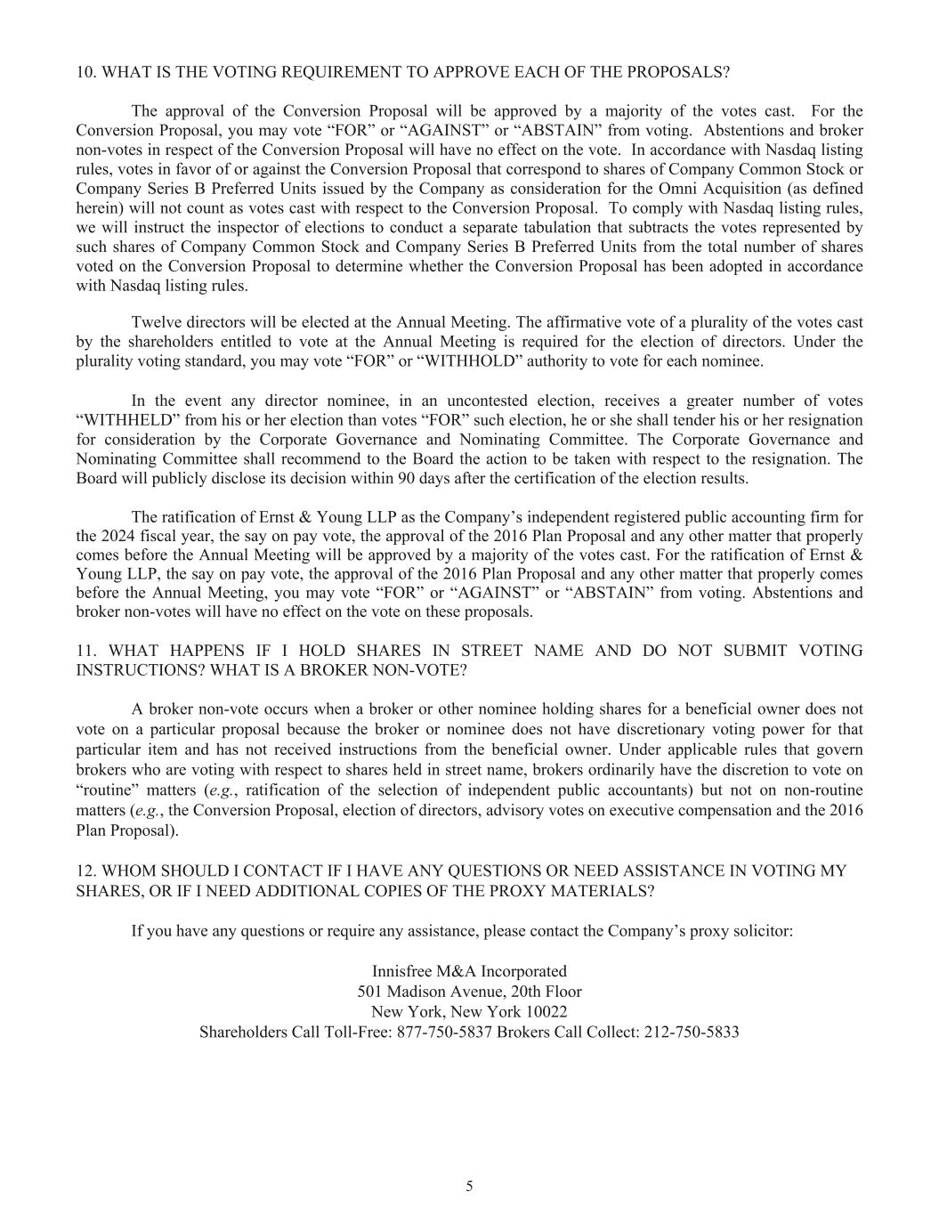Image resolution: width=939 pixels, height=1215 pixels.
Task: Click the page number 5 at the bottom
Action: pyautogui.click(x=469, y=1186)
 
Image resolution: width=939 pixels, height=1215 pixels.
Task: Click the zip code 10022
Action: pyautogui.click(x=546, y=1012)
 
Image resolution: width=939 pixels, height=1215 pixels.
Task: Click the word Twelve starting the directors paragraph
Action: pyautogui.click(x=155, y=322)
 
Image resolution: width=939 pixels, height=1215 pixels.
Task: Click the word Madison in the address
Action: pyautogui.click(x=419, y=992)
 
